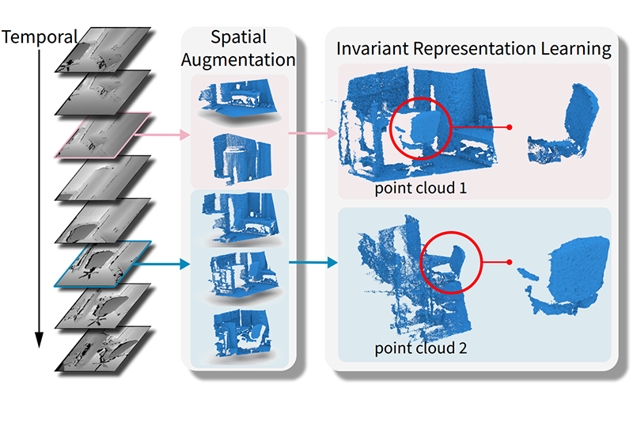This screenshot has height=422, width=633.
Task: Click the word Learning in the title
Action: point(577,48)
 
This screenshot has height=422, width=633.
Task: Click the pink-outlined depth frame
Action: point(102,135)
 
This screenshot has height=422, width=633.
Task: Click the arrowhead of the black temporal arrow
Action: point(38,340)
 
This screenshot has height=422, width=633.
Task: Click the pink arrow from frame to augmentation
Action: point(162,135)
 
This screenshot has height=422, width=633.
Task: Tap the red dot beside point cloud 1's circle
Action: point(510,127)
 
